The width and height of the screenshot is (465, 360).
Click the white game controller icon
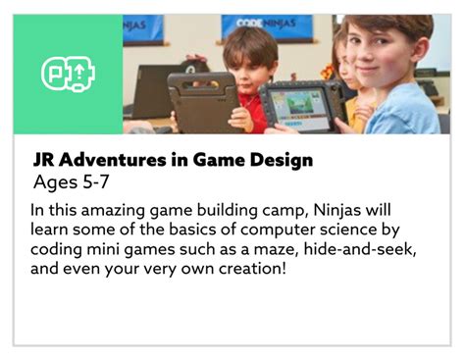(68, 74)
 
